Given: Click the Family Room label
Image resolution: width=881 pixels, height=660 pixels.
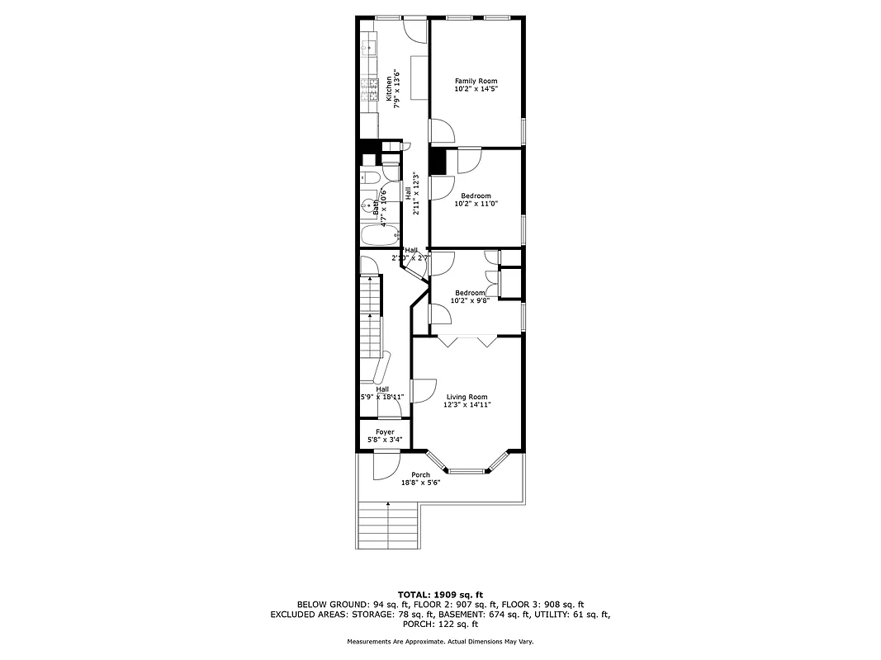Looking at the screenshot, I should [476, 81].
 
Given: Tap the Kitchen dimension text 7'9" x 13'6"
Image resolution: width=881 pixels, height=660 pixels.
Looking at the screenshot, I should [397, 91].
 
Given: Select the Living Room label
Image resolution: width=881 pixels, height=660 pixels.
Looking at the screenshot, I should [467, 397].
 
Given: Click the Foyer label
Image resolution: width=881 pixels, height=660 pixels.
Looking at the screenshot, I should [385, 431].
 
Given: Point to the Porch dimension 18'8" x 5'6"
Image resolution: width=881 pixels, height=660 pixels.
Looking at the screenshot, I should [421, 483].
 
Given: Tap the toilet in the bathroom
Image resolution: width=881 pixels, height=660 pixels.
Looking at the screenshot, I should [370, 177].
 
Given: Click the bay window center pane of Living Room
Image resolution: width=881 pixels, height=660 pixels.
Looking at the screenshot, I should [467, 470].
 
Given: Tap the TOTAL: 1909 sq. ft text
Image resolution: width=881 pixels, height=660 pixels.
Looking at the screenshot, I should [440, 594].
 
